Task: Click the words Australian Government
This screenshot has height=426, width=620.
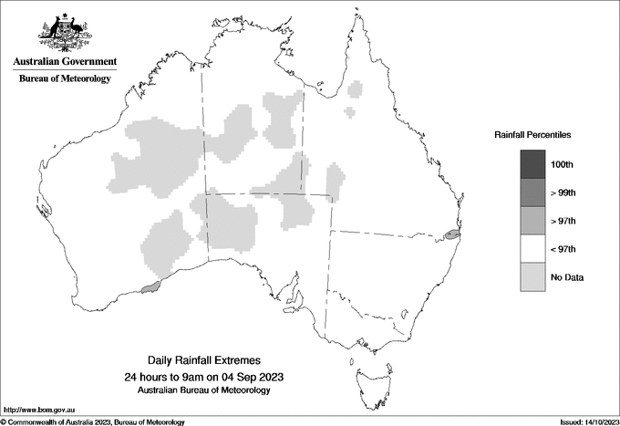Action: (x=65, y=62)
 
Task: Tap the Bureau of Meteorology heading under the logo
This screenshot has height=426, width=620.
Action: (x=65, y=79)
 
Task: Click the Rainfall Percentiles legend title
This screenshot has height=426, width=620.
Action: (x=532, y=135)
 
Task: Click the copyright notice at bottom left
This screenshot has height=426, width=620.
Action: (x=93, y=421)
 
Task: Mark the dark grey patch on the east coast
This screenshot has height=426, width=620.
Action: (x=452, y=234)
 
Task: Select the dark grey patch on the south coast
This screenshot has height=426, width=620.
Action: (x=151, y=289)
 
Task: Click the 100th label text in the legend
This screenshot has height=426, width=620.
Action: (x=562, y=164)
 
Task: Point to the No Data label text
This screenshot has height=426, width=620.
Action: (x=567, y=277)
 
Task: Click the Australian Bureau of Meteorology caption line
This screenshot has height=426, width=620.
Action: (x=203, y=390)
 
